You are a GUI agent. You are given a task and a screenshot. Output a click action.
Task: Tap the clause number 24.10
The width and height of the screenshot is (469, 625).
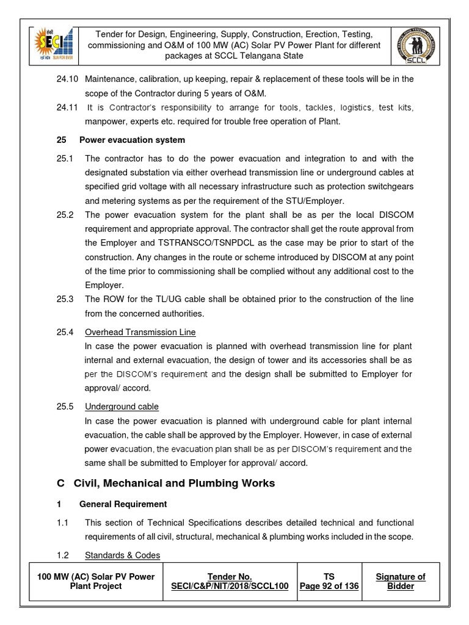(x=67, y=79)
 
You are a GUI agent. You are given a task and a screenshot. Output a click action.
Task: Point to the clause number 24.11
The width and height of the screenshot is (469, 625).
(x=67, y=107)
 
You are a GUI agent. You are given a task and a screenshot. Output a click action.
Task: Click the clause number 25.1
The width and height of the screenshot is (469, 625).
(x=64, y=159)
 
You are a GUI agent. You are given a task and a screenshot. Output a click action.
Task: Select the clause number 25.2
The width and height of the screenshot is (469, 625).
(x=64, y=215)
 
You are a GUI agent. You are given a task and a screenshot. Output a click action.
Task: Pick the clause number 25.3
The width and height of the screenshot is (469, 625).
(x=64, y=299)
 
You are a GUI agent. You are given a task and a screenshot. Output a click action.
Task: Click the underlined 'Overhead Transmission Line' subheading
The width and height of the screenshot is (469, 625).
(x=140, y=332)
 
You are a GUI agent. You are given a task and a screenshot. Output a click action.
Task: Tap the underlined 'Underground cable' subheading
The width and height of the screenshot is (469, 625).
(x=122, y=406)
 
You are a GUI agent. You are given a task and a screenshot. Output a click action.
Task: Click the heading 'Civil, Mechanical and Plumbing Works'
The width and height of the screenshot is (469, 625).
(x=174, y=483)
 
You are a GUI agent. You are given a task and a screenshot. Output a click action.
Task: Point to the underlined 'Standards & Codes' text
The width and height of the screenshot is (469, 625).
(x=123, y=555)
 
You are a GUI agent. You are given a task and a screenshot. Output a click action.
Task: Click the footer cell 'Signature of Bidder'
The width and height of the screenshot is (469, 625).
(x=401, y=581)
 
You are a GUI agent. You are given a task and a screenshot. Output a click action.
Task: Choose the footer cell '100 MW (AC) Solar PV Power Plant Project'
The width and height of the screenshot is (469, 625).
(x=96, y=581)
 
